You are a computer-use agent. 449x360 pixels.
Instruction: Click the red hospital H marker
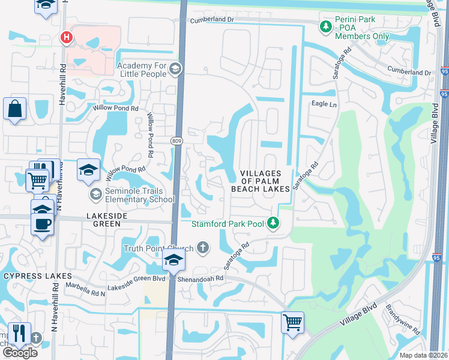pyautogui.click(x=67, y=38)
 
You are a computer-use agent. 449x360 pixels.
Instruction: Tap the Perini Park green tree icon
pyautogui.click(x=325, y=26)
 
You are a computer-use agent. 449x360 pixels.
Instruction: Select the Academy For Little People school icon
pyautogui.click(x=175, y=68)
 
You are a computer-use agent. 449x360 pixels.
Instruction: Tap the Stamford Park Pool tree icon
pyautogui.click(x=274, y=224)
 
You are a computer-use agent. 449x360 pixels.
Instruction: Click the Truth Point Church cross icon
pyautogui.click(x=203, y=247)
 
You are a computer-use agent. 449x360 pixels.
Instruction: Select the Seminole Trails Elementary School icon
pyautogui.click(x=95, y=194)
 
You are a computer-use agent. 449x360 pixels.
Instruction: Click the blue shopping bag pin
pyautogui.click(x=14, y=109)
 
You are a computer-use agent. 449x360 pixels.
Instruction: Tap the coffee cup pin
pyautogui.click(x=42, y=224)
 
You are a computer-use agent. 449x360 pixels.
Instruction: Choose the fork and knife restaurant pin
pyautogui.click(x=19, y=332)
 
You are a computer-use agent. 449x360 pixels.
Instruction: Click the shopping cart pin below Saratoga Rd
pyautogui.click(x=292, y=322)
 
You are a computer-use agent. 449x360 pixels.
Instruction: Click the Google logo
pyautogui.click(x=20, y=352)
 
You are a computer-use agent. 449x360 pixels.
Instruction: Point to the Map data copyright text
pyautogui.click(x=424, y=355)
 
